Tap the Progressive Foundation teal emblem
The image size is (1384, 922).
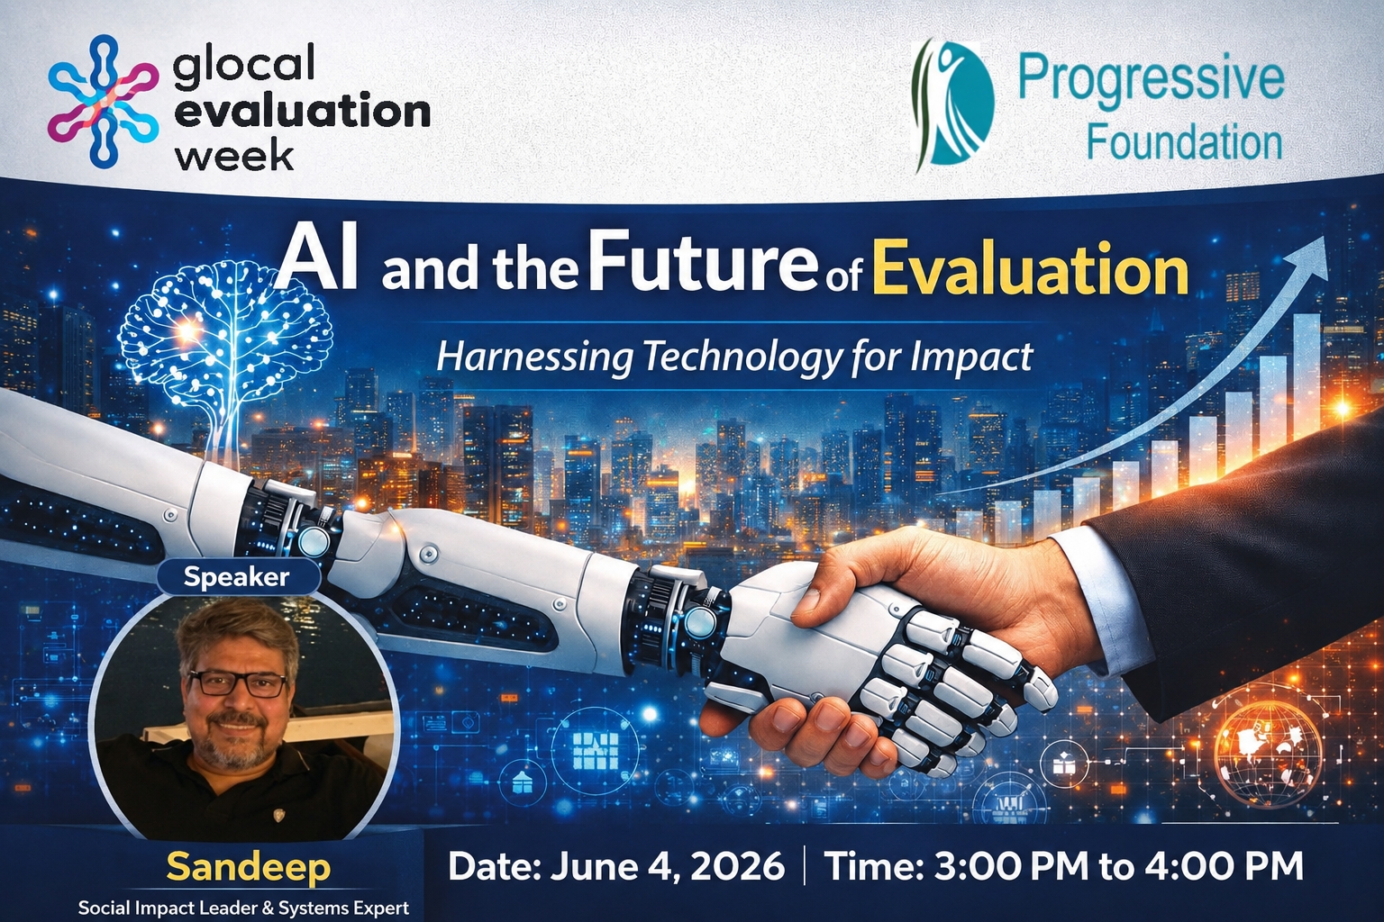click(x=952, y=105)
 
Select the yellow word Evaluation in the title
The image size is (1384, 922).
click(x=1030, y=269)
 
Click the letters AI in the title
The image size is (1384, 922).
click(x=317, y=262)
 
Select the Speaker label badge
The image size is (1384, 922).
click(x=237, y=577)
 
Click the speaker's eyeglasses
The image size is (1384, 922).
click(x=237, y=683)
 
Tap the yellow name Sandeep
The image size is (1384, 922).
click(x=249, y=867)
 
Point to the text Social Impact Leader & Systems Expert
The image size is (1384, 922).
click(x=243, y=908)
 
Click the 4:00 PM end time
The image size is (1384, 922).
click(x=1224, y=866)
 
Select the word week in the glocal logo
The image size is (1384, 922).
click(x=235, y=156)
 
